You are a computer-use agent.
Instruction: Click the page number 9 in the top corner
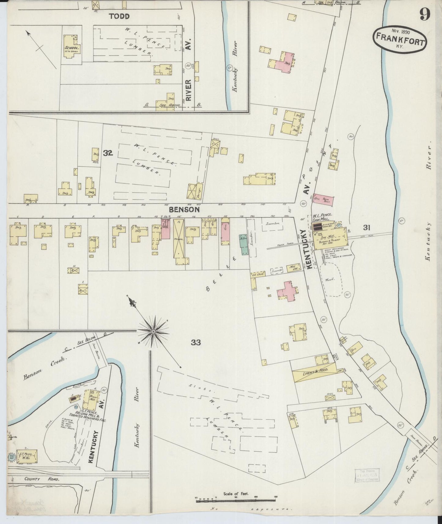click(x=425, y=13)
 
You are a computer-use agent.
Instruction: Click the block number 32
click(x=108, y=153)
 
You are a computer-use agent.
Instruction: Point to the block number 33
click(x=196, y=342)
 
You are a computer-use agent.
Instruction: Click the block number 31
click(x=367, y=227)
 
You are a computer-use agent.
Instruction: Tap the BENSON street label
click(x=184, y=210)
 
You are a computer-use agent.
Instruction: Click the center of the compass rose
click(x=153, y=331)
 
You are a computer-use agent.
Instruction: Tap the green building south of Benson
click(x=244, y=245)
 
